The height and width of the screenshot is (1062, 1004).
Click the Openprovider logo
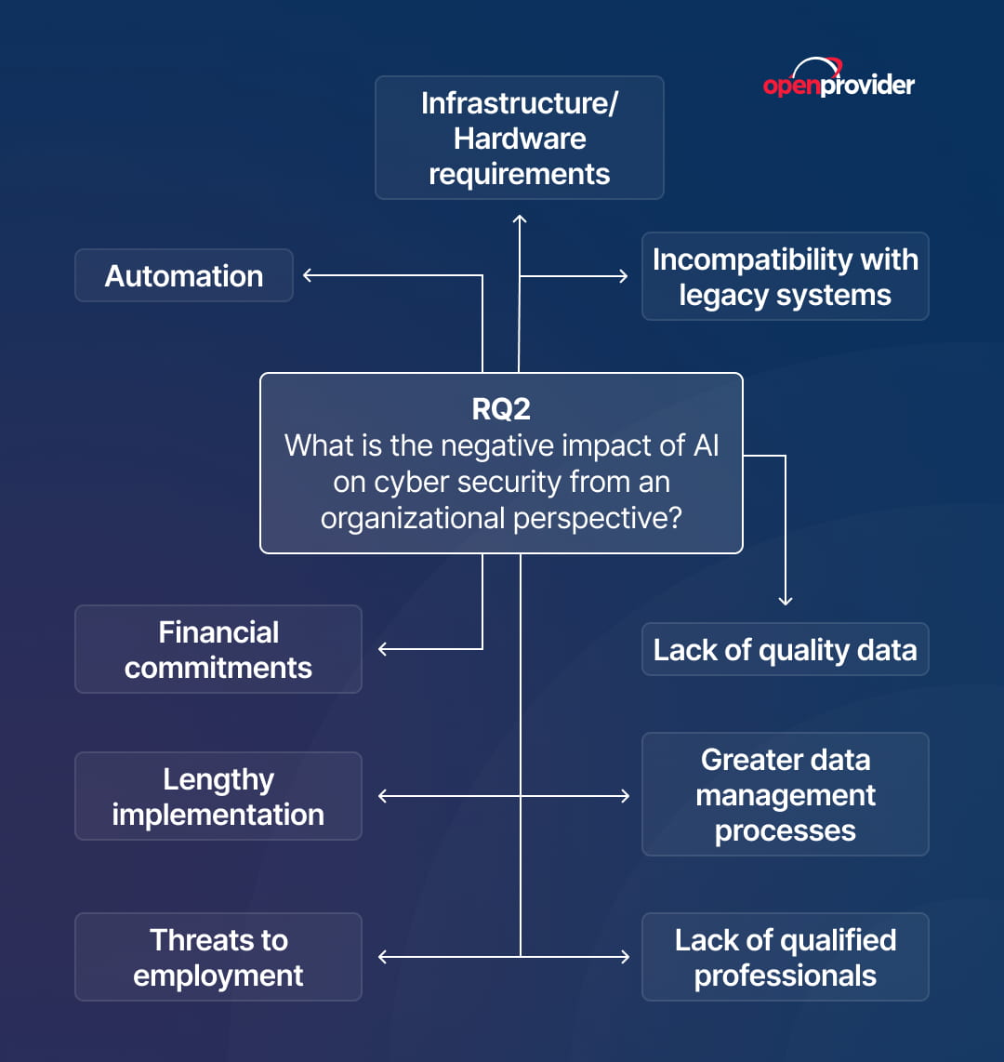pos(839,78)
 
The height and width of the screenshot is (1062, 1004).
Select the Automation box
pos(184,275)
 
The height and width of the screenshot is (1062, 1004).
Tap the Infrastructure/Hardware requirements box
pos(520,138)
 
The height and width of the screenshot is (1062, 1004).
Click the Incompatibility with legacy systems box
pos(786,276)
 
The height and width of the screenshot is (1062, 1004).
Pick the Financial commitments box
pos(218,649)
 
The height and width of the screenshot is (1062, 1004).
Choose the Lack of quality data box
pos(786,649)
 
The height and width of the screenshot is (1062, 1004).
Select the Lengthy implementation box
pos(218,796)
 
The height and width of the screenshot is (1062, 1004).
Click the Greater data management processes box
pos(786,794)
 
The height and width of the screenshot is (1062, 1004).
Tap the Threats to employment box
pos(218,956)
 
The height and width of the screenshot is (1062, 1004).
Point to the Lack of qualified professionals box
pos(786,956)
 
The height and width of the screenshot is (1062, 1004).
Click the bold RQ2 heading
pos(501,409)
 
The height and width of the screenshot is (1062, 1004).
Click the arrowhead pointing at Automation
pos(308,275)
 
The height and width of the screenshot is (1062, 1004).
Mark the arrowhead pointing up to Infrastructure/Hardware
pos(520,219)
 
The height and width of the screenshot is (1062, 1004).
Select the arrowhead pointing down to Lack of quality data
pos(786,601)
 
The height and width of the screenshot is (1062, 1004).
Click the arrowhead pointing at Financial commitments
pos(382,649)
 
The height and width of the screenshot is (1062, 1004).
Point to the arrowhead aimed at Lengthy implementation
pos(382,796)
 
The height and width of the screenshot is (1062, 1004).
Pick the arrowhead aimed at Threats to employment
pos(382,956)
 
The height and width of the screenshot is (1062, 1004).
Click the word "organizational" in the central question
pos(413,519)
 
